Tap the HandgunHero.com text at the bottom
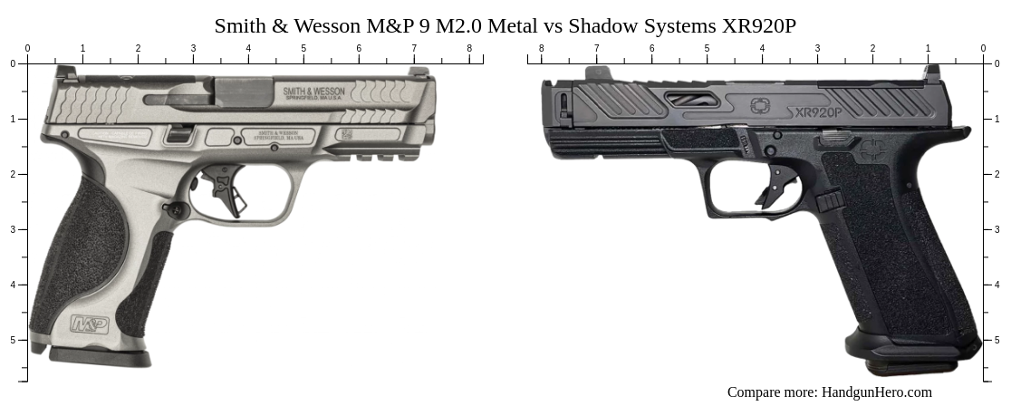(x=876, y=392)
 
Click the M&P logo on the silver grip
(x=90, y=324)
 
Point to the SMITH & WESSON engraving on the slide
(x=313, y=92)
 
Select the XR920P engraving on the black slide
(x=816, y=112)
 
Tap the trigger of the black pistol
(x=778, y=188)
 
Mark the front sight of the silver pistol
(x=419, y=72)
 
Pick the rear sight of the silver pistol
(x=66, y=72)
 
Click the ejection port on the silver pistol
(x=244, y=92)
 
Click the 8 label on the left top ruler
(x=468, y=48)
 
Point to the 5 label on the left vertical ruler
(x=12, y=340)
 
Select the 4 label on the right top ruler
(x=762, y=48)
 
